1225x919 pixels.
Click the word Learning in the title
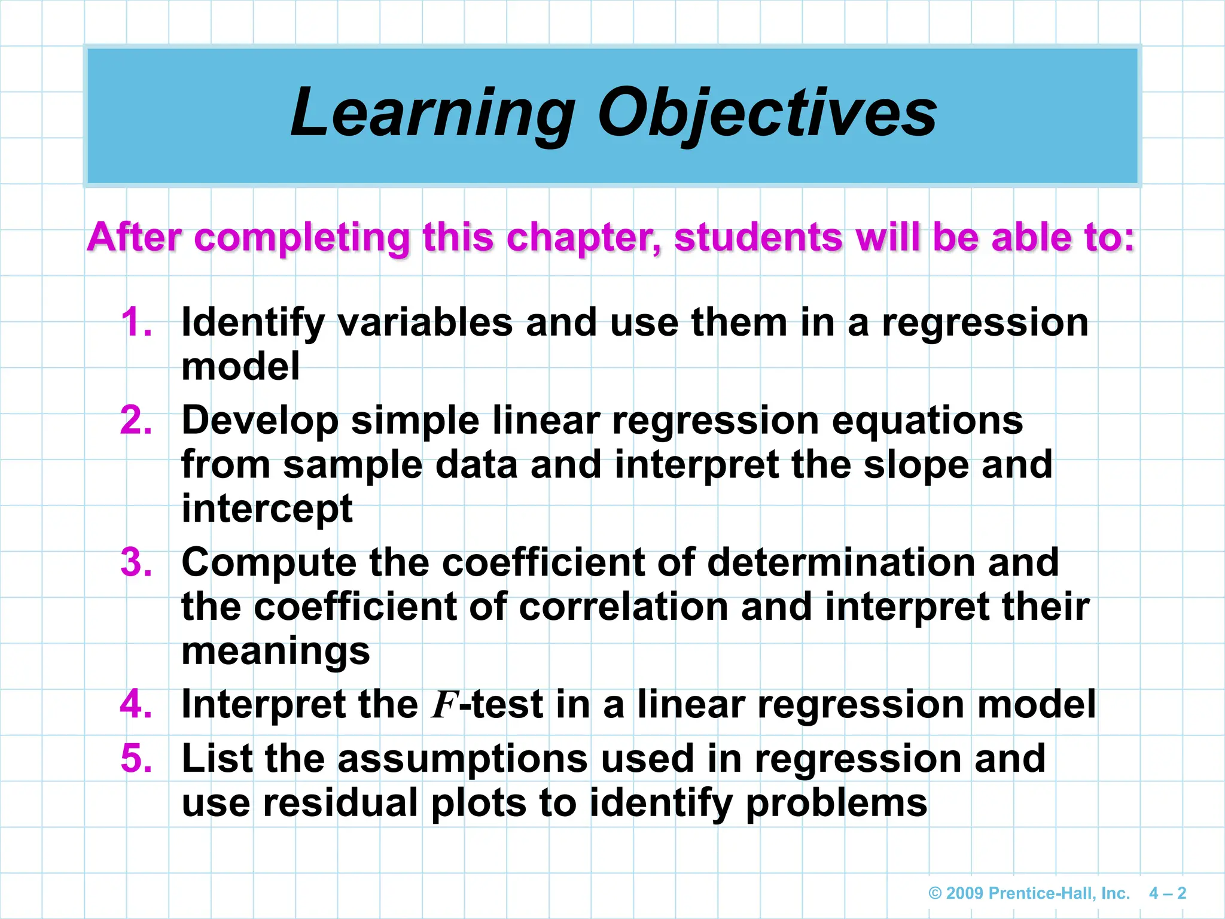pyautogui.click(x=432, y=114)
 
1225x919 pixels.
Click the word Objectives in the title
pyautogui.click(x=767, y=114)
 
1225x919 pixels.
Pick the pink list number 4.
pyautogui.click(x=136, y=704)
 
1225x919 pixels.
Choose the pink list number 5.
pyautogui.click(x=136, y=758)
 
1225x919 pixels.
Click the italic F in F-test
pyautogui.click(x=445, y=705)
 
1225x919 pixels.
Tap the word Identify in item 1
pyautogui.click(x=252, y=324)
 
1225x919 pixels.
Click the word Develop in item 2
pyautogui.click(x=260, y=421)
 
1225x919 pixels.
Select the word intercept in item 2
pyautogui.click(x=267, y=509)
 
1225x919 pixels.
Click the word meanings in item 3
pyautogui.click(x=275, y=652)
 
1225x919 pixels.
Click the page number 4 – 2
pyautogui.click(x=1167, y=893)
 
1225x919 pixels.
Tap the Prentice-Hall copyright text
pyautogui.click(x=1029, y=893)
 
